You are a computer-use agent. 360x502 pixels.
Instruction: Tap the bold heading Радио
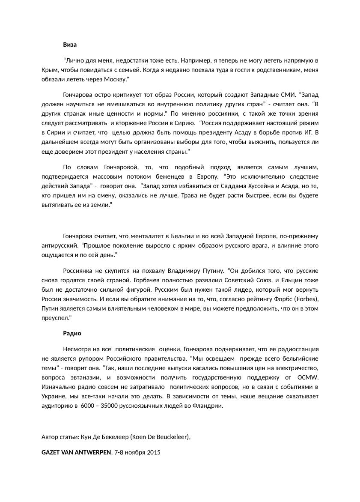point(72,333)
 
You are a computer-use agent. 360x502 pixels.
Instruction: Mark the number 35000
point(109,406)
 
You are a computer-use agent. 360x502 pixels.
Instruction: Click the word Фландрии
point(209,406)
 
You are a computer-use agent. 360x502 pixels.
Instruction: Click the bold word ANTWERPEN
point(90,453)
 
